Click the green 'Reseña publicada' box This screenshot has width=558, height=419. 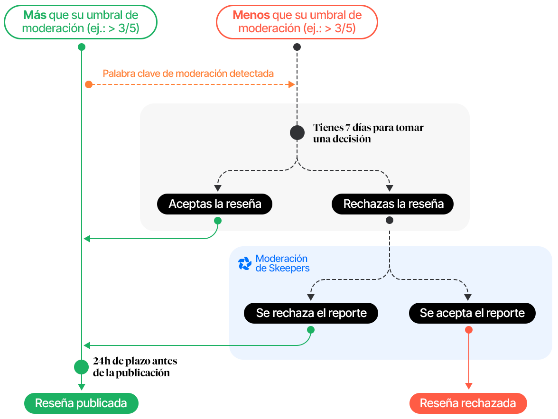click(81, 403)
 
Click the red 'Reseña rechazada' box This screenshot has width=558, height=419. click(468, 403)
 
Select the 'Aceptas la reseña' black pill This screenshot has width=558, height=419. click(215, 204)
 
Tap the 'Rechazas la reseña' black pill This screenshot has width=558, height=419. click(393, 204)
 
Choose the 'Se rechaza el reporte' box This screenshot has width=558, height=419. click(311, 313)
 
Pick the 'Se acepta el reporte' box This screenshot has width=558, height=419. click(472, 313)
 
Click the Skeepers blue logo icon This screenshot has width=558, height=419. click(244, 264)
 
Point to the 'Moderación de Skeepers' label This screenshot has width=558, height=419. click(282, 263)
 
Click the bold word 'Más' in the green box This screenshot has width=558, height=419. click(35, 15)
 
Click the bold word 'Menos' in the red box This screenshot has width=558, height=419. click(251, 15)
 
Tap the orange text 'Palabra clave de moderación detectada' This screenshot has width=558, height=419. click(188, 74)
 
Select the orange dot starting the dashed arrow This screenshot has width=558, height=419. click(89, 84)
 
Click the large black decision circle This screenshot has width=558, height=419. click(297, 132)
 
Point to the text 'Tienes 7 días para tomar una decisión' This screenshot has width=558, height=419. click(368, 133)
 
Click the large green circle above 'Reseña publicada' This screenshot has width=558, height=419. click(81, 367)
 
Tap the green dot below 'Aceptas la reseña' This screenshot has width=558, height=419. click(217, 221)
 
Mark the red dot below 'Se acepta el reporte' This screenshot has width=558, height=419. click(469, 330)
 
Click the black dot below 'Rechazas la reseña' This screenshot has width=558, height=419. click(390, 221)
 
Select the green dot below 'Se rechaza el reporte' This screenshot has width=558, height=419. click(311, 330)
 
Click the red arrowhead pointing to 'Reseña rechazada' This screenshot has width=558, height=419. click(469, 386)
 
